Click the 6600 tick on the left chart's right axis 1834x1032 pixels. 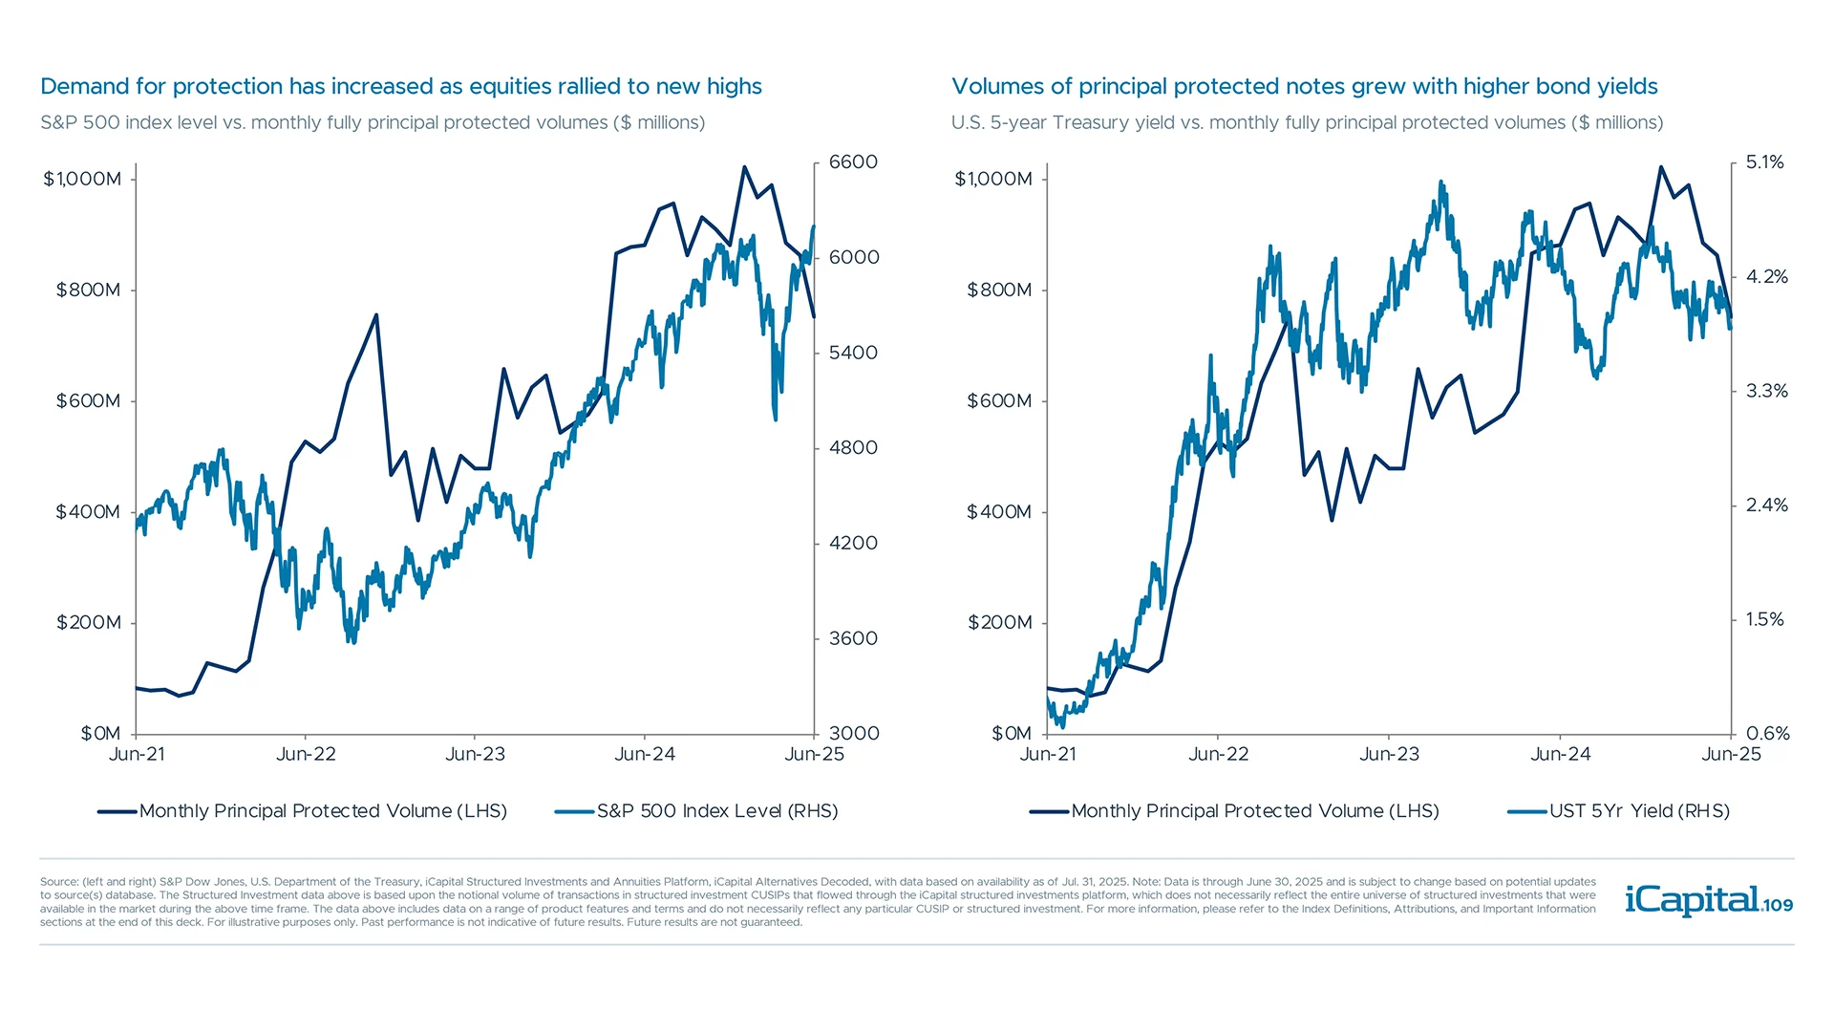coord(852,162)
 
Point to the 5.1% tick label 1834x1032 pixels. coord(1764,162)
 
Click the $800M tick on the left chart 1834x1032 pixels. coord(88,290)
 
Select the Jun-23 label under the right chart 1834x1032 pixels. coord(1389,754)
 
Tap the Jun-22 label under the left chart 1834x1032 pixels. coord(306,754)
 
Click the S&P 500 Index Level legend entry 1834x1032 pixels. coord(716,811)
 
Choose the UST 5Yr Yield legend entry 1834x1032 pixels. coord(1638,811)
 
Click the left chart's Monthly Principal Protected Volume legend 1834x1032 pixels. coord(322,811)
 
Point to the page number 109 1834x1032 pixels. coord(1778,905)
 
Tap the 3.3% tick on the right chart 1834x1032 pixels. coord(1766,391)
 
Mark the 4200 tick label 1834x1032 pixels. coord(852,543)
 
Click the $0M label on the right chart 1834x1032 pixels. coord(1012,733)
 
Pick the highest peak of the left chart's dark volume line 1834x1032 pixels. coord(744,167)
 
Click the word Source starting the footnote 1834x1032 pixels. coord(58,882)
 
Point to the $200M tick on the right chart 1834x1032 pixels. coord(999,622)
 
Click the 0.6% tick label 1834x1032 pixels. coord(1767,733)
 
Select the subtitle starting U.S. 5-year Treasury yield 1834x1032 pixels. coord(1307,123)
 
